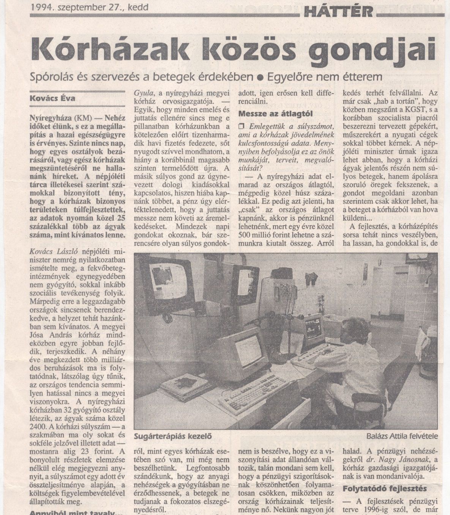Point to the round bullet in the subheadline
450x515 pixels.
[260, 77]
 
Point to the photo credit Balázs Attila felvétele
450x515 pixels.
[403, 436]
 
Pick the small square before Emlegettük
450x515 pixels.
[242, 126]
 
